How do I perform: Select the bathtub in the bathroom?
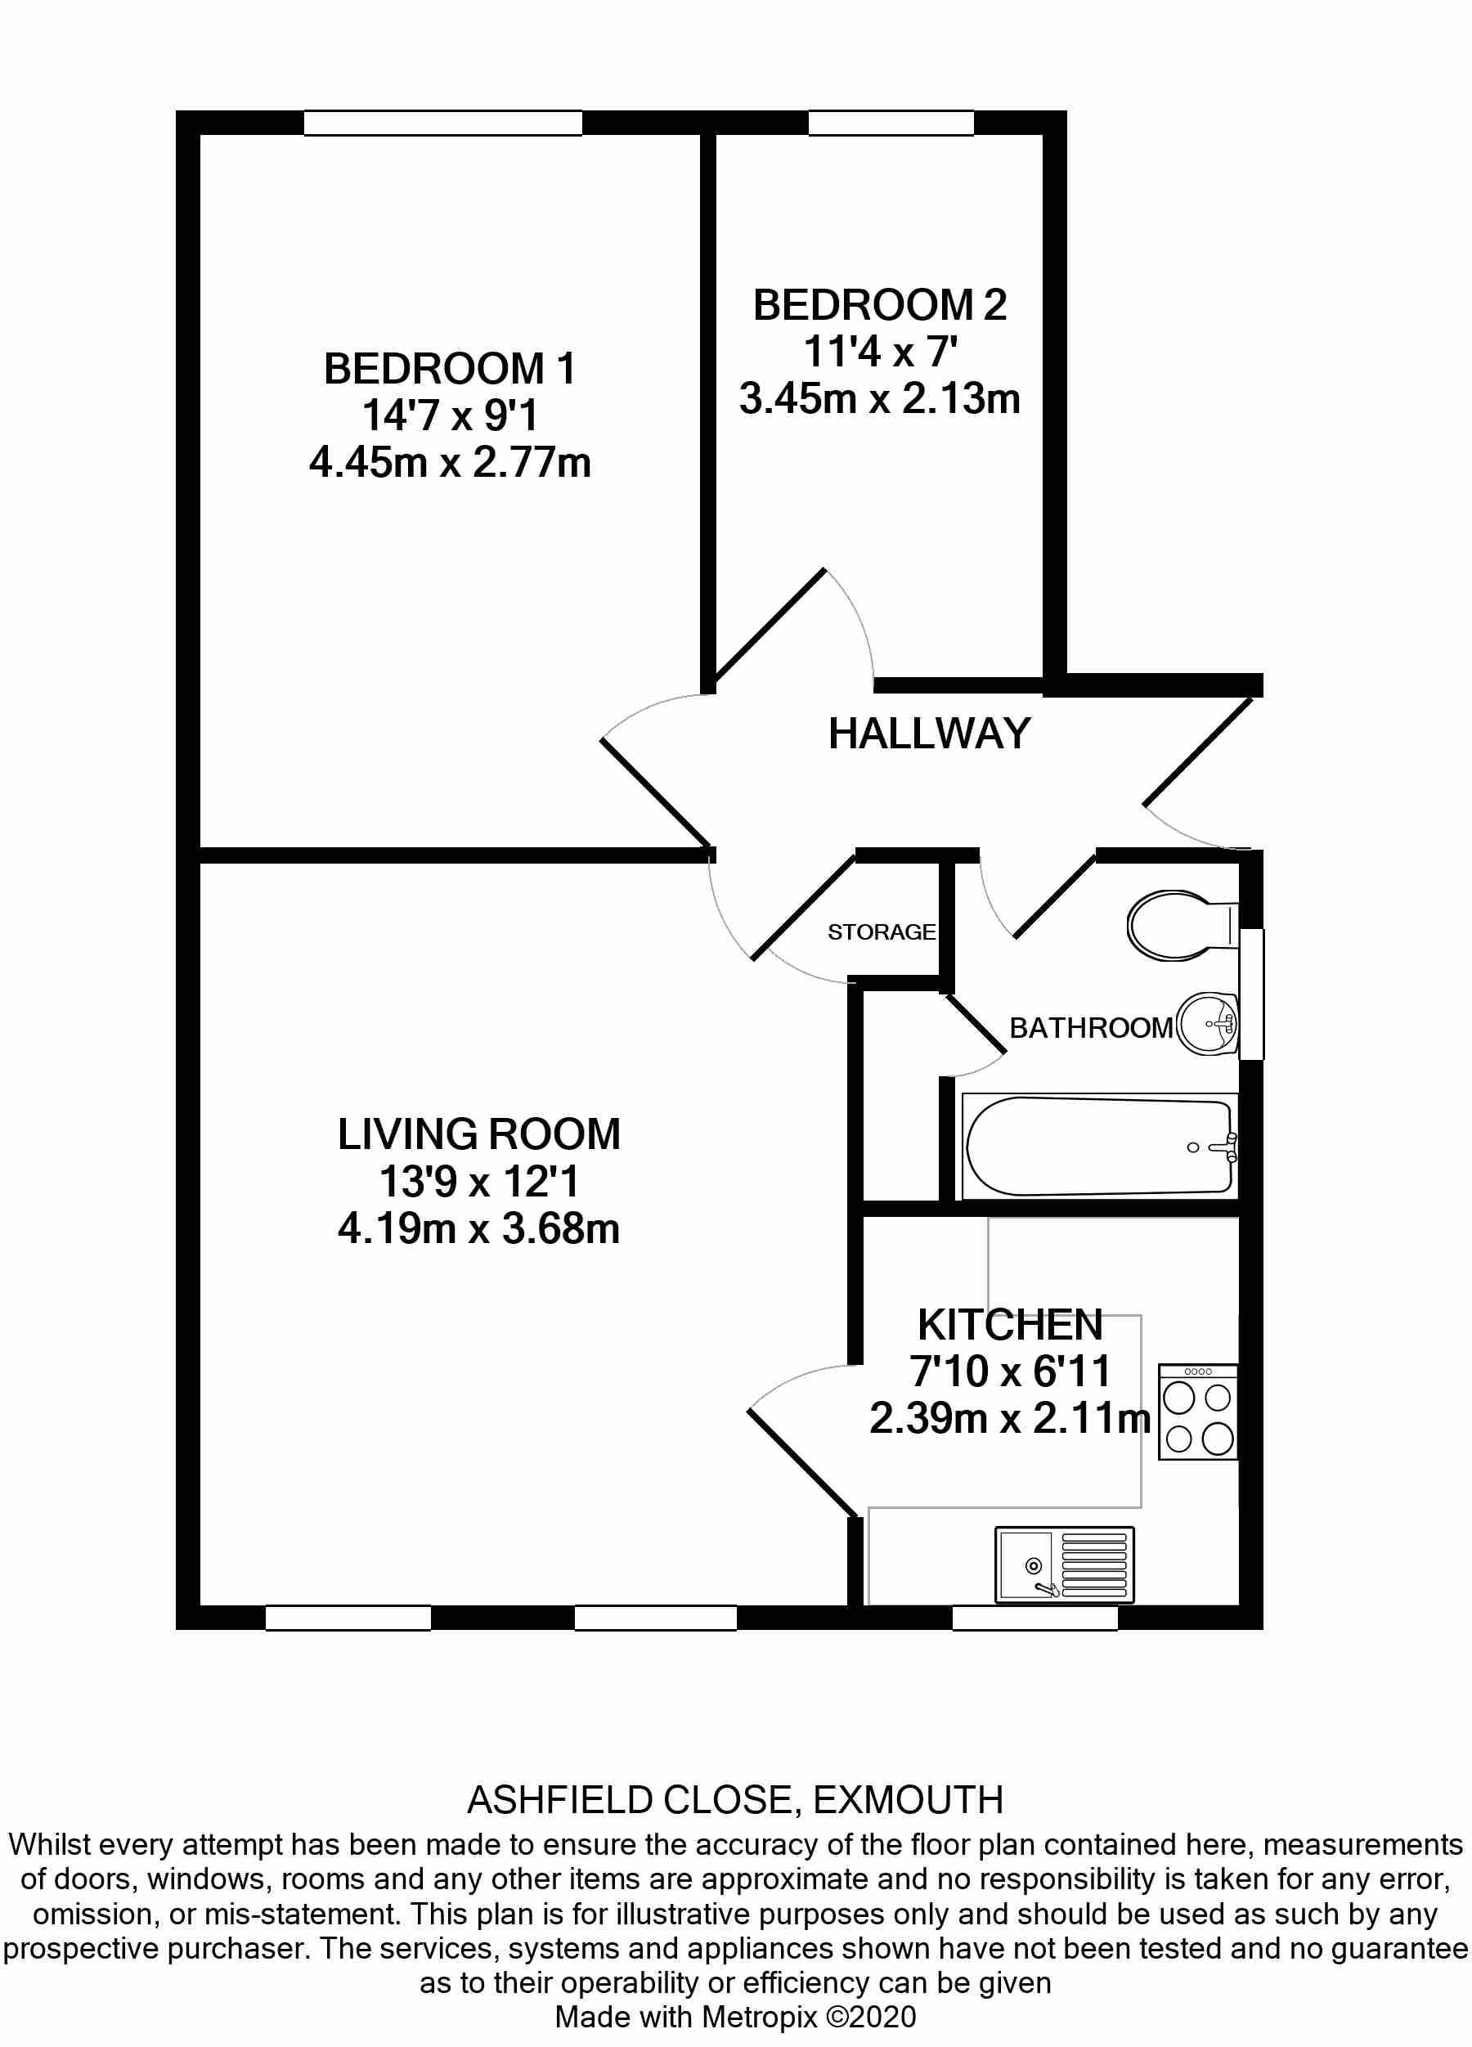click(1099, 1147)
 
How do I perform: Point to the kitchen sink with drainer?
click(1064, 1565)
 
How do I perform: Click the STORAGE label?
click(881, 931)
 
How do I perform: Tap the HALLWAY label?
click(929, 733)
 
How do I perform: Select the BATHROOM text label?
click(1090, 1027)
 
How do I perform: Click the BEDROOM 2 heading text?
click(879, 305)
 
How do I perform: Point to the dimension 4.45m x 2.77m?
click(450, 463)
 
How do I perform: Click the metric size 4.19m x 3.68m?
click(478, 1228)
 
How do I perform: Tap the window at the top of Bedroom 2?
click(891, 123)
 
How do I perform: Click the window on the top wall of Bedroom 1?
click(442, 123)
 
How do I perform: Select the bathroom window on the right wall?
click(1252, 994)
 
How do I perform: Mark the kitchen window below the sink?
click(1035, 1618)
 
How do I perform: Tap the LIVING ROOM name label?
click(478, 1133)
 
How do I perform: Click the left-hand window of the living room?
click(348, 1618)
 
